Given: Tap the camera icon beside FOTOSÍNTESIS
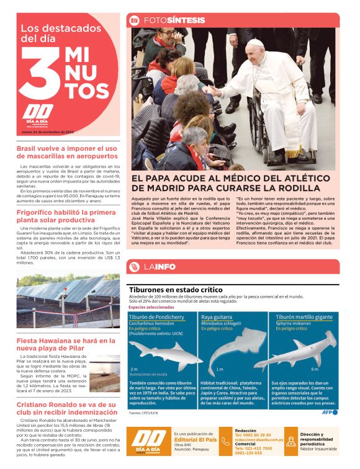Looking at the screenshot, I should click(x=134, y=20).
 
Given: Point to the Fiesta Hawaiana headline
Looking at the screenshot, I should click(x=66, y=345).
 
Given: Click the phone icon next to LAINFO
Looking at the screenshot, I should click(x=134, y=267).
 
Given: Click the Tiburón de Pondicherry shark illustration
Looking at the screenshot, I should click(x=163, y=352).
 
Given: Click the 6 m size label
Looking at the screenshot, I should click(x=315, y=369).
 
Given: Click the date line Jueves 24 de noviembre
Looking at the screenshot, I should click(x=48, y=131).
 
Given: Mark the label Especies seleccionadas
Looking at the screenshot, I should click(x=151, y=308).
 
